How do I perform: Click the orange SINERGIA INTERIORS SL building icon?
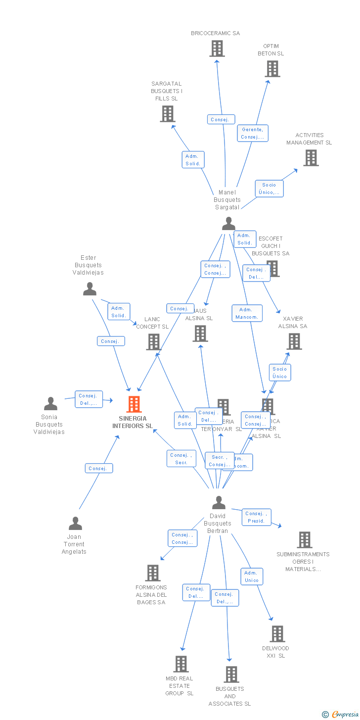coord(134,404)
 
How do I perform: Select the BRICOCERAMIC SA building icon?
coord(217,48)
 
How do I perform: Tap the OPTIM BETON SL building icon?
coord(272,69)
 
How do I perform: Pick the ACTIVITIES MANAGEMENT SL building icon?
coord(311,158)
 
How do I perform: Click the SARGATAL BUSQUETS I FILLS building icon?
coord(168,114)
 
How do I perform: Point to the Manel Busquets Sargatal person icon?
coord(228,224)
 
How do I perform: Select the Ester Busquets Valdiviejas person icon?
coord(90,289)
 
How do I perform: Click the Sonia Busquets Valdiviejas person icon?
coord(50,404)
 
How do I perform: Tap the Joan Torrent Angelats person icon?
coord(75,523)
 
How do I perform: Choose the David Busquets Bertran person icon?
coord(219,503)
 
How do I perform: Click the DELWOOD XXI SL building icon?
coord(277,634)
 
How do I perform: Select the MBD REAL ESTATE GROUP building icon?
coord(181,664)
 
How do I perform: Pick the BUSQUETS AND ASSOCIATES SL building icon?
coord(231,674)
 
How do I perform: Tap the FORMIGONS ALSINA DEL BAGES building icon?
coord(153,573)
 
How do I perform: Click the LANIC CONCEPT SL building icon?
coord(154,342)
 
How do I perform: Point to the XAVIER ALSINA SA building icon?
coord(294,341)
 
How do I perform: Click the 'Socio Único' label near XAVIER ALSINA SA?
coord(279,373)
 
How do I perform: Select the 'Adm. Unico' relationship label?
coord(252,576)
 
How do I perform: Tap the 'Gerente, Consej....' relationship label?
coord(252,133)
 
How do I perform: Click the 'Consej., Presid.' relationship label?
coord(257,517)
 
